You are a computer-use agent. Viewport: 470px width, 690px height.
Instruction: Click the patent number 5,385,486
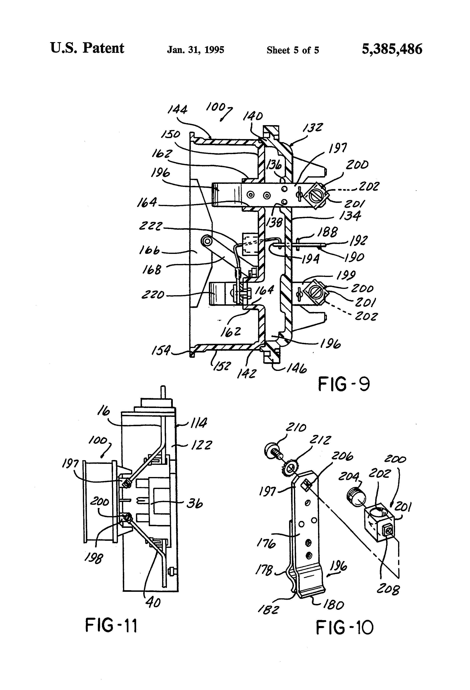392,49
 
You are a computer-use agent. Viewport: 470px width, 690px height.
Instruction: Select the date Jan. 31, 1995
195,50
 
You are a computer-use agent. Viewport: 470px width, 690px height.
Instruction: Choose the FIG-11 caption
111,626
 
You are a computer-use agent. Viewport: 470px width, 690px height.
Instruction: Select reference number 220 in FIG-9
153,295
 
